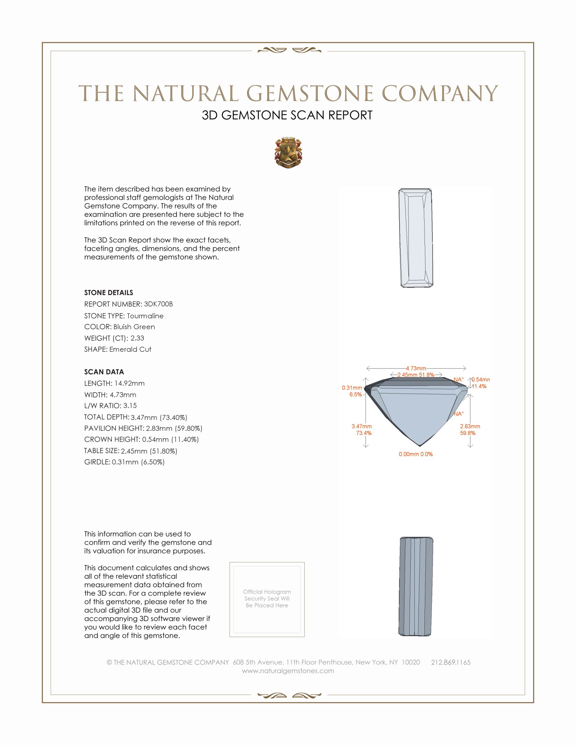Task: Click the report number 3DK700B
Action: point(158,304)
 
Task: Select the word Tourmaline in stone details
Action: point(145,316)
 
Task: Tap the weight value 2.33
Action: point(137,338)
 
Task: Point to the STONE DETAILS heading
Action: point(108,293)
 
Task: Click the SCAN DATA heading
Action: point(104,372)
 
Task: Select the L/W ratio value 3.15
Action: point(130,406)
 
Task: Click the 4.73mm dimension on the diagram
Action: point(416,368)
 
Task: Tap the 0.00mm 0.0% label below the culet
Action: point(416,454)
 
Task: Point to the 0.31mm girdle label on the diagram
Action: point(352,388)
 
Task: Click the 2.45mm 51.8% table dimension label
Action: point(416,375)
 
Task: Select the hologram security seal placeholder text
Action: point(267,598)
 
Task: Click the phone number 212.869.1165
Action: point(450,662)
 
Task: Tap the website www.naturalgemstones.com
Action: point(288,671)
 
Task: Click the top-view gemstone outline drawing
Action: point(416,238)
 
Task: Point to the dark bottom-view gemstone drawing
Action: point(416,587)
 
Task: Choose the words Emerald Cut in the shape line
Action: point(130,349)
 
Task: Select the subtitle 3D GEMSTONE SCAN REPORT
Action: point(287,115)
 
